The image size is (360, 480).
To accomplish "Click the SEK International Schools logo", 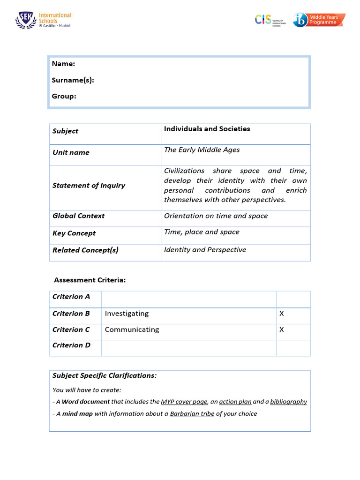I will (43, 20).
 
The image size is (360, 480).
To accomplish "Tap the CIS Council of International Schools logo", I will (270, 20).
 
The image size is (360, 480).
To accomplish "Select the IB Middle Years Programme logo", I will (319, 20).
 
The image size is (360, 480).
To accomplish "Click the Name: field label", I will (63, 64).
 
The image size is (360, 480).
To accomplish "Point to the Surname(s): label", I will (73, 80).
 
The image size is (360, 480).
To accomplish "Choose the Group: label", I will (64, 96).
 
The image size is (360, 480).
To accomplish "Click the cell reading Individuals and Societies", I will (207, 129).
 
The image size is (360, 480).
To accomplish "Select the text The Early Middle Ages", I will (202, 150).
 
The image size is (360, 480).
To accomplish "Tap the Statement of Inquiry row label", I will (89, 186).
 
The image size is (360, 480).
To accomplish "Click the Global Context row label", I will (78, 216).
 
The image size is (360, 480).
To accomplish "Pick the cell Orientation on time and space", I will (216, 216).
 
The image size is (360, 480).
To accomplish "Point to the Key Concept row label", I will (74, 233).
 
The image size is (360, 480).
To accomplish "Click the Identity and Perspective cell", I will (205, 250).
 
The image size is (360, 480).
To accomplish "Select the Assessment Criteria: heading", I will (90, 280).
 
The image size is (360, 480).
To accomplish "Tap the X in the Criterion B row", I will (282, 314).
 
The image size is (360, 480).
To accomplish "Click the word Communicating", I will (132, 330).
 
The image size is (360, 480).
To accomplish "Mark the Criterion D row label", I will (71, 345).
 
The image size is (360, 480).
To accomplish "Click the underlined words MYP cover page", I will (184, 402).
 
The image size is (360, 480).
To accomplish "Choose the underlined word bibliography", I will (288, 402).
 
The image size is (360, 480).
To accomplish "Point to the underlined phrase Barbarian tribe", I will (192, 414).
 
